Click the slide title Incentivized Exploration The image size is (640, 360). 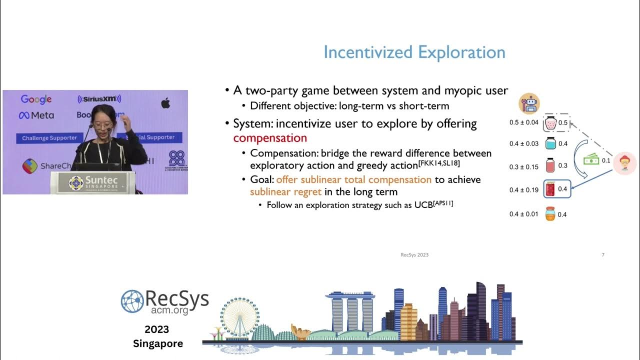[414, 52]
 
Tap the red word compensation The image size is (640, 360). [270, 138]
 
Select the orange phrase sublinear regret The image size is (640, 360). [285, 191]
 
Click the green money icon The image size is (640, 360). [591, 160]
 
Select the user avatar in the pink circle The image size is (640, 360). [624, 163]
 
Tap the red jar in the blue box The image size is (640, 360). [550, 189]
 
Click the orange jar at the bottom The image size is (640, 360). [550, 214]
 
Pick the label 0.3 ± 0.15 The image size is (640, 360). [524, 167]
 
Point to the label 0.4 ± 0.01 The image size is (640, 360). [524, 214]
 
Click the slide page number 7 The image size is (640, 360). [602, 255]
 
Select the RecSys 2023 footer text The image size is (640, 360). [414, 255]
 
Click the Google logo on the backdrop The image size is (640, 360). [36, 99]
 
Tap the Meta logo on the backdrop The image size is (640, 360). [36, 115]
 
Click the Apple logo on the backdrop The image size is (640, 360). [165, 103]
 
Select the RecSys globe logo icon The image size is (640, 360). [132, 301]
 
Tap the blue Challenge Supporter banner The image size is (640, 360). [49, 138]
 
